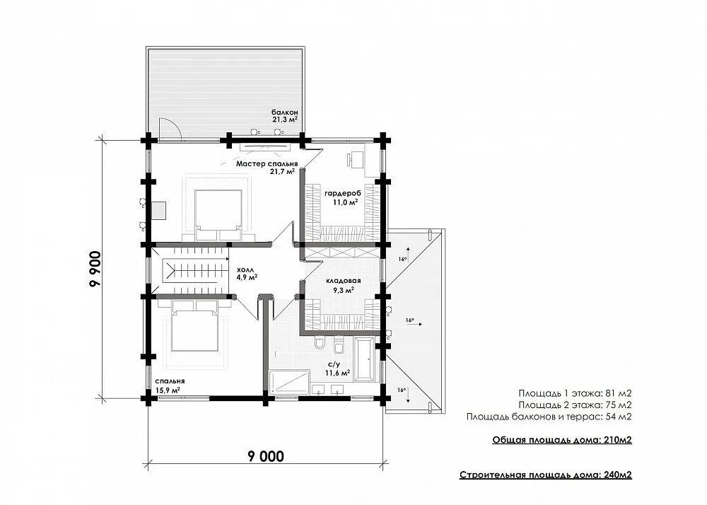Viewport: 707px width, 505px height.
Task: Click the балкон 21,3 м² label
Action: pos(284,116)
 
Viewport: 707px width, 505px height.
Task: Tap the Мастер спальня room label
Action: pos(267,163)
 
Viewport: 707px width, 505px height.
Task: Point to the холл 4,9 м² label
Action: pos(247,273)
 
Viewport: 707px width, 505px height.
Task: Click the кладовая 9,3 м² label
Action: pos(344,286)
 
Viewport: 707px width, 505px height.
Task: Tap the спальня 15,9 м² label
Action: pos(169,385)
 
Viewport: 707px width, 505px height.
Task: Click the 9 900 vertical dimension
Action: pos(95,269)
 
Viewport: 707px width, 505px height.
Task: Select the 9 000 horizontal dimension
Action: pos(266,456)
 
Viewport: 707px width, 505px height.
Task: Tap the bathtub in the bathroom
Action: pos(363,359)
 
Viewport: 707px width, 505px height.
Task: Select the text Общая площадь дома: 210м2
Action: pos(562,440)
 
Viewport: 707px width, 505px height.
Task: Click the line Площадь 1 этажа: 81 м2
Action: pos(575,393)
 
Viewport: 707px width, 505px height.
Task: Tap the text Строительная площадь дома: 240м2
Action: pos(546,475)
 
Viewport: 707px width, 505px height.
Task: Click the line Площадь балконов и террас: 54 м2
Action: pos(549,417)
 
